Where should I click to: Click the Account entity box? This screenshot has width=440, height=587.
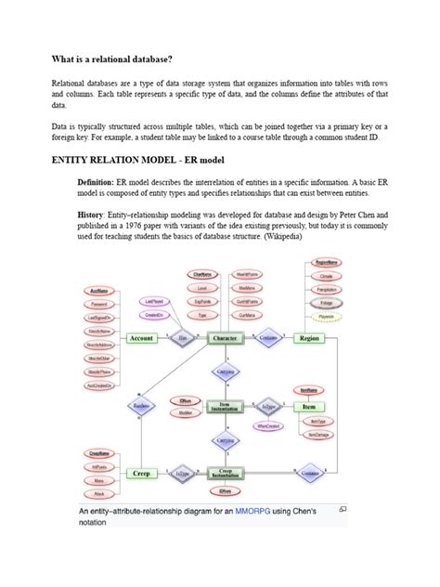click(142, 339)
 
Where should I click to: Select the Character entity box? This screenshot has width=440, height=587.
click(225, 339)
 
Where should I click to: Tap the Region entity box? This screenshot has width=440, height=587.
click(309, 339)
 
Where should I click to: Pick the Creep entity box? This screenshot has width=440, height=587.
click(142, 473)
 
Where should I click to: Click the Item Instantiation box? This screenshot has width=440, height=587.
click(225, 406)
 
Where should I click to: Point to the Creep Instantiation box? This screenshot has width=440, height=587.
click(225, 473)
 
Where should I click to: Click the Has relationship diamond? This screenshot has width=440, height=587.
click(183, 339)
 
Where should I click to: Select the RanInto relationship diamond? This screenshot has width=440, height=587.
click(142, 406)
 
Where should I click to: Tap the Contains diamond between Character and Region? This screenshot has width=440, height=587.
click(268, 339)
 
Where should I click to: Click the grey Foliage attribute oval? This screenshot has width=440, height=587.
click(326, 303)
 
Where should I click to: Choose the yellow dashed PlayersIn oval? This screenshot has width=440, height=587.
click(326, 316)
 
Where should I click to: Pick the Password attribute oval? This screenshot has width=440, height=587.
click(99, 304)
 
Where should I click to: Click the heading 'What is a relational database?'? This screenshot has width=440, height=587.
click(111, 59)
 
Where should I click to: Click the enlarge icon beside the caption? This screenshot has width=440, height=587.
click(341, 509)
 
